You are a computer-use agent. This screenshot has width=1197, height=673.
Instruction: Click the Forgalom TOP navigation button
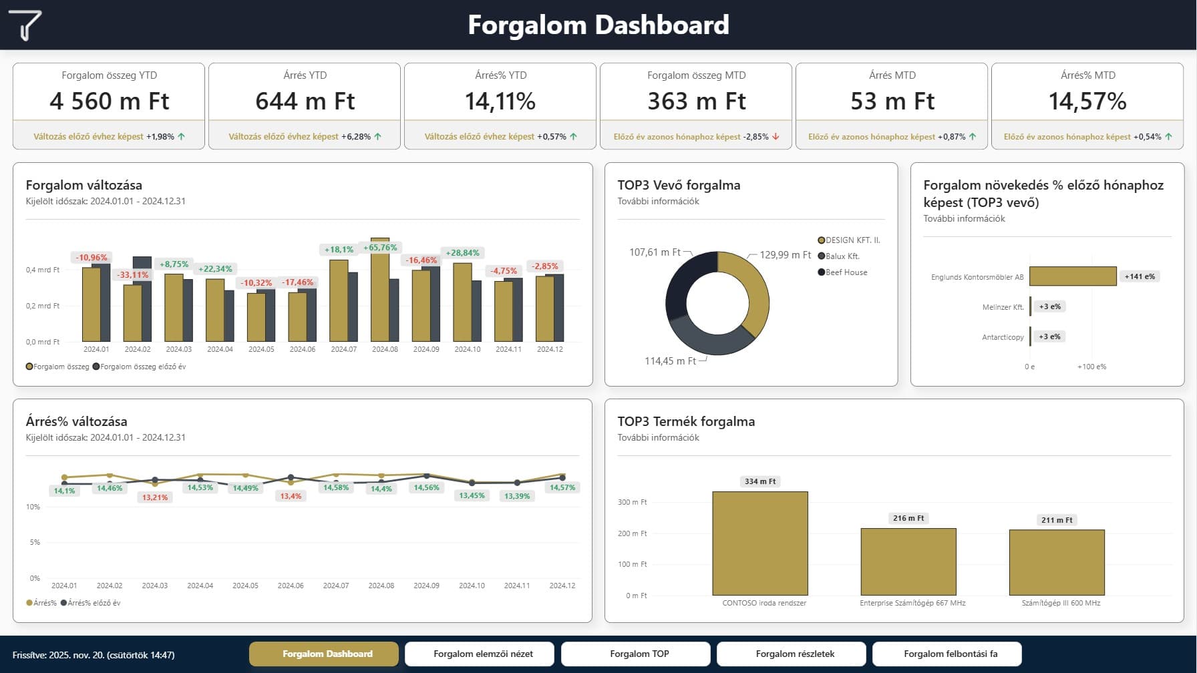coord(639,654)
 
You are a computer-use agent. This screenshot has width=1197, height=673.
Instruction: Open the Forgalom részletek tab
coord(795,654)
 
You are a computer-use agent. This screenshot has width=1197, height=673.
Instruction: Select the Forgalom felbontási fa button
coord(951,654)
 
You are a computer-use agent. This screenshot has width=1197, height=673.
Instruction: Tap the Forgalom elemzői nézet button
coord(483,654)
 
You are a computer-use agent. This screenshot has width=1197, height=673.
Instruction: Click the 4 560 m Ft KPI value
coord(110,101)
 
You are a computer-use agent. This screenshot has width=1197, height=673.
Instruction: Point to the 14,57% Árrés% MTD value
coord(1087,101)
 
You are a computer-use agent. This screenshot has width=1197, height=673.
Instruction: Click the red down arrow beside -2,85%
coord(776,136)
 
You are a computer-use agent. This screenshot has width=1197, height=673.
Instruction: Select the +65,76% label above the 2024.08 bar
coord(380,248)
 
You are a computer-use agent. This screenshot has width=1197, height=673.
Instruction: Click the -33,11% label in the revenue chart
coord(133,274)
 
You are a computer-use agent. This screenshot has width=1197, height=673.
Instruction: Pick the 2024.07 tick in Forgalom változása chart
coord(344,349)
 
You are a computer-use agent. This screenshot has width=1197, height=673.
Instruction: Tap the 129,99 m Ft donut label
coord(785,255)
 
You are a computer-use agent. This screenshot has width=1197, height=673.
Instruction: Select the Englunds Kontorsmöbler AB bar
coord(1073,276)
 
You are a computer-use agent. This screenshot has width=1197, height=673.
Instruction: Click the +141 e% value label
coord(1140,276)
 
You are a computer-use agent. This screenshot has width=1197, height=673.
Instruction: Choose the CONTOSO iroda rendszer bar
coord(760,543)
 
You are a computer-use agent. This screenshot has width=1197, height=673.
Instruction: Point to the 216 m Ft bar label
coord(908,518)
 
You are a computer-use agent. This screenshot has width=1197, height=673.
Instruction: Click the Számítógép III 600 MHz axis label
coord(1061,603)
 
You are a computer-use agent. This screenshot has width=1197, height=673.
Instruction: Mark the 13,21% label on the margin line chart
coord(155,497)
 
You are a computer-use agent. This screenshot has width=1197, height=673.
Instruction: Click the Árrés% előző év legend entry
coord(91,603)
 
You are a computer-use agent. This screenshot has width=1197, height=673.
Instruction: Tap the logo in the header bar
coord(25,25)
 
